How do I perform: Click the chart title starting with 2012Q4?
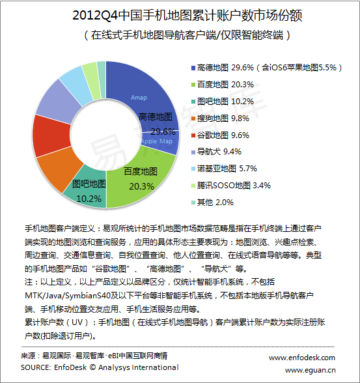[187, 15]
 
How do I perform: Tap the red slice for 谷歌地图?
[51, 135]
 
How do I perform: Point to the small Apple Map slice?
[161, 143]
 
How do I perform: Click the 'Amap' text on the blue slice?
[139, 98]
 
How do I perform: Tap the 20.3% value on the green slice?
[141, 186]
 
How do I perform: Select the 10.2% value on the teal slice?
[89, 199]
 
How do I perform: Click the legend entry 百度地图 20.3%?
[223, 85]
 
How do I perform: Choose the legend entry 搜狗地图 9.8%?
[221, 119]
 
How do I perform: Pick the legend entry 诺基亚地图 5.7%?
[225, 169]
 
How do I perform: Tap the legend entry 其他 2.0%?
[213, 202]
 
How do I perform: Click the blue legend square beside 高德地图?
[193, 68]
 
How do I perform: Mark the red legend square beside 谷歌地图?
[193, 135]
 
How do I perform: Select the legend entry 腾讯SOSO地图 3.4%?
[231, 186]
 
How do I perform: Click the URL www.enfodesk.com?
[302, 358]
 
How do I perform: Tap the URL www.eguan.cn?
[311, 370]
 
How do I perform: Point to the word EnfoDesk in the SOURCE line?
[70, 367]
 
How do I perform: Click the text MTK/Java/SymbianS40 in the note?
[68, 296]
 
